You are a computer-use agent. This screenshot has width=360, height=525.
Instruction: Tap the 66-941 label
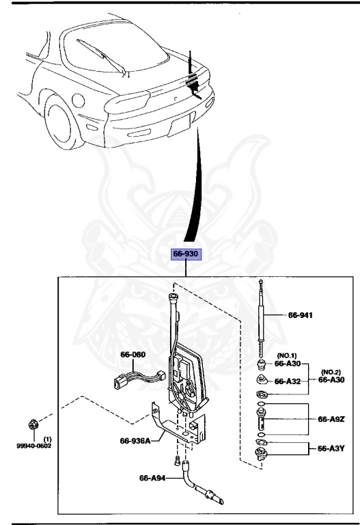click(301, 315)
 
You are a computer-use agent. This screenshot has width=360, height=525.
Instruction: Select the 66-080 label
click(134, 354)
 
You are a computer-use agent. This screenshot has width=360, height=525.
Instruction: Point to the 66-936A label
click(135, 441)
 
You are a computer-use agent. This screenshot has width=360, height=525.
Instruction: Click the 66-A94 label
click(153, 479)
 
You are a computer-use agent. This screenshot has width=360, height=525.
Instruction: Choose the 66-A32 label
click(288, 382)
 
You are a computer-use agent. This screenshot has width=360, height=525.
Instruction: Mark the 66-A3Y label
click(331, 448)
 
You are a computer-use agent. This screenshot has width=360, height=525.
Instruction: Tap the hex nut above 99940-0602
click(33, 427)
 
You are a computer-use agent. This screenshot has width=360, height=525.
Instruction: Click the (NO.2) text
click(331, 370)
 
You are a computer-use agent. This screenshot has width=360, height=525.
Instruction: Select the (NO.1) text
click(288, 356)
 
